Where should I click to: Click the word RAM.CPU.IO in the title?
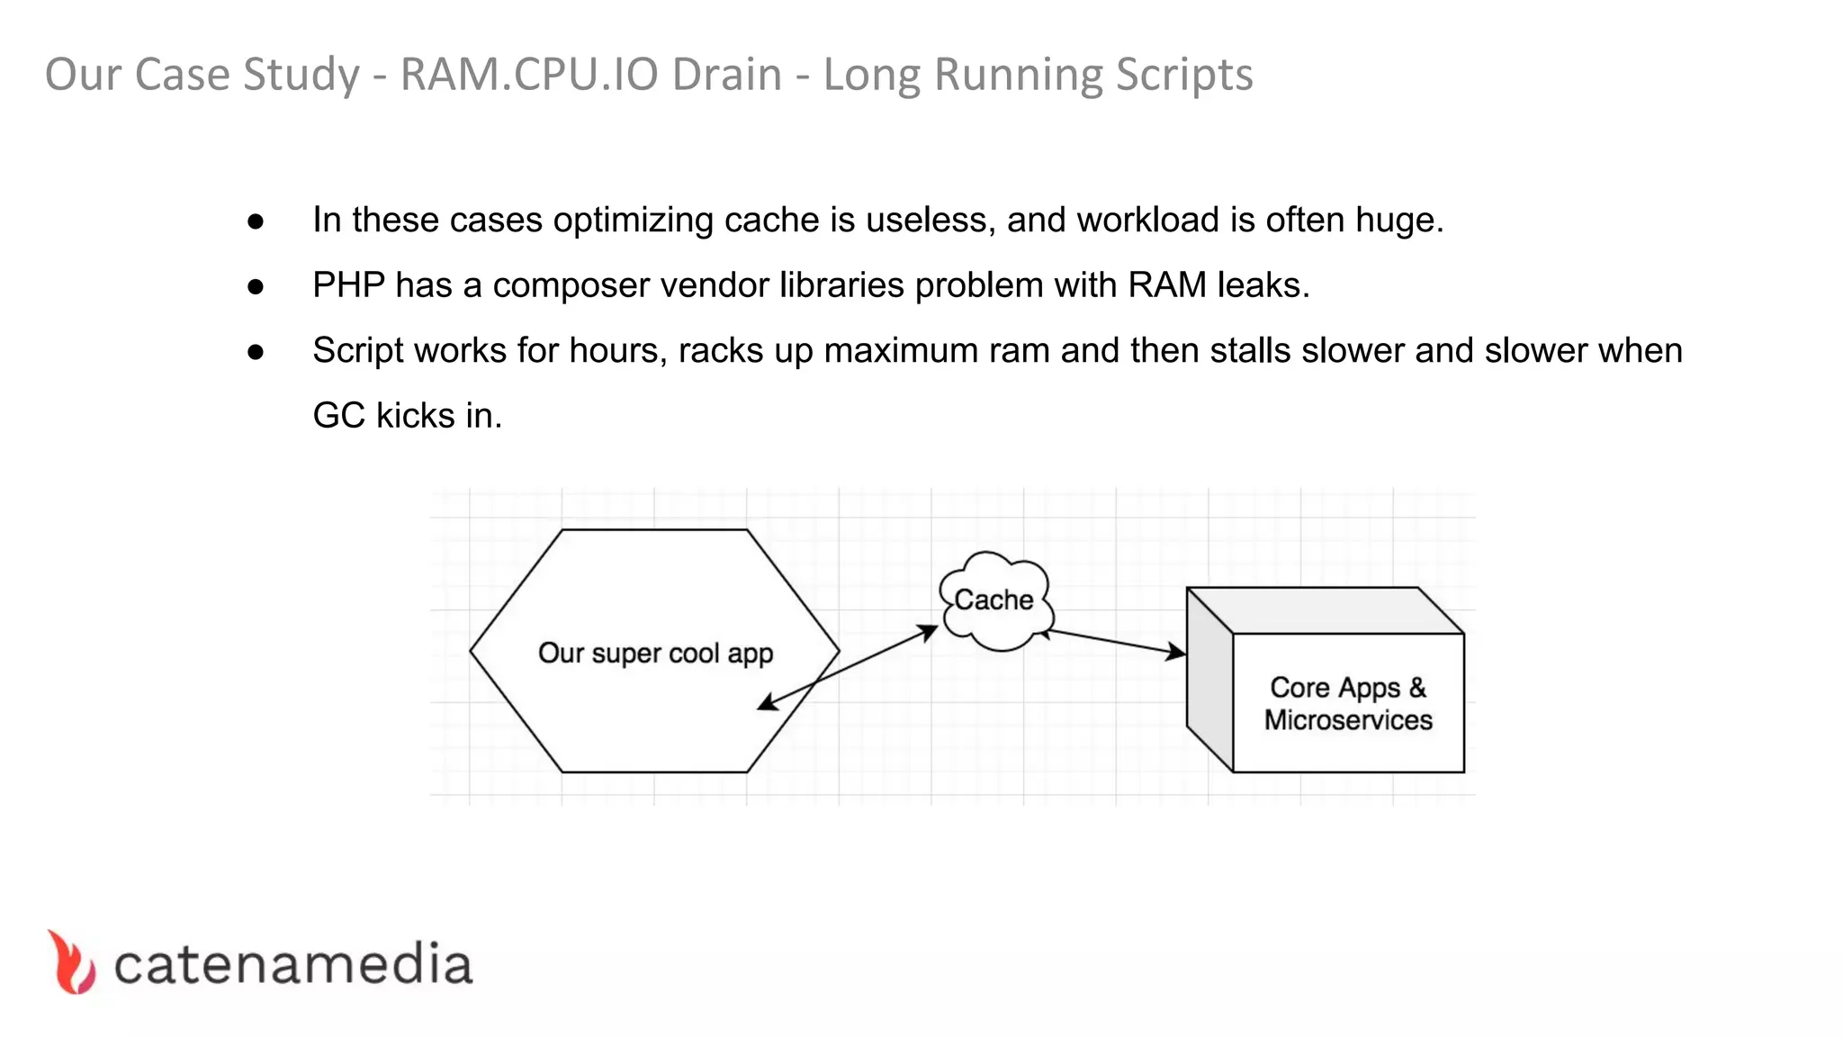tap(590, 75)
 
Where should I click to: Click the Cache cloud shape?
tap(994, 600)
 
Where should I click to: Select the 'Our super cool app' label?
tap(655, 653)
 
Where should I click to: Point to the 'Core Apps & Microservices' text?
tap(1347, 703)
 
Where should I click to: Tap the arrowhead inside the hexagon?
tap(767, 704)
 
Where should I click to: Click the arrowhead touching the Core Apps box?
tap(1176, 652)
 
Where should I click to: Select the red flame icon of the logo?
tap(71, 962)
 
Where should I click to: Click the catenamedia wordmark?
tap(292, 965)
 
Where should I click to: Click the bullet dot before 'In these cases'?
tap(256, 221)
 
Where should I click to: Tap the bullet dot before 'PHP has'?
tap(256, 287)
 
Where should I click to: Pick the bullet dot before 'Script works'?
tap(256, 352)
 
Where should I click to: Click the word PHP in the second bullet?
tap(348, 285)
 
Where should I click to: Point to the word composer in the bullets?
tap(571, 286)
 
